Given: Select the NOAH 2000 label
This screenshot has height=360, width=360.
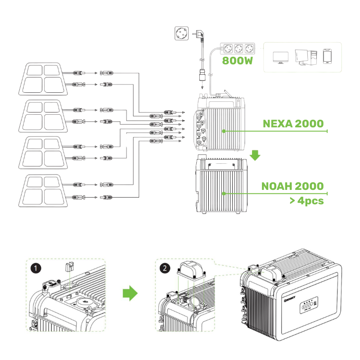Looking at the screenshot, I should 292,186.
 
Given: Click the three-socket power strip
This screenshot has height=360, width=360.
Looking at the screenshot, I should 237,48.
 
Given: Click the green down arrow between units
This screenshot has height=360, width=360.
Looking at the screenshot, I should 255,155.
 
